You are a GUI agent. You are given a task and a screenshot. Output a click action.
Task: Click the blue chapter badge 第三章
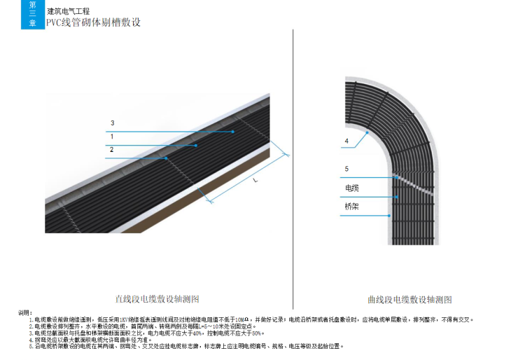pos(32,14)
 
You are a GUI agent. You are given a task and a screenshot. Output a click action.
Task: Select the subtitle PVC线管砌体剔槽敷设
pos(94,22)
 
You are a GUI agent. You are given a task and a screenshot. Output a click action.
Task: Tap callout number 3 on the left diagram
pos(112,123)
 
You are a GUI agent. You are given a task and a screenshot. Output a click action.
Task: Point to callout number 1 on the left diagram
pos(111,135)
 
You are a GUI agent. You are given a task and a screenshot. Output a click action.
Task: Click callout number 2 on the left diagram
pos(111,149)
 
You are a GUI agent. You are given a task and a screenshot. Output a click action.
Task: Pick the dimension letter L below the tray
pos(255,181)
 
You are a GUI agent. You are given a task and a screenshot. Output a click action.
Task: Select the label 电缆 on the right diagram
pos(351,188)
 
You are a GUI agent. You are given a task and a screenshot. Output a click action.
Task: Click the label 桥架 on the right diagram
pos(351,207)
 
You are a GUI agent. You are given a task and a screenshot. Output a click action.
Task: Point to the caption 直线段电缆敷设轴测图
pos(157,299)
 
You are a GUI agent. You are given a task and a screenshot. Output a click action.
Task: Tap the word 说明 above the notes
pos(25,312)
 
